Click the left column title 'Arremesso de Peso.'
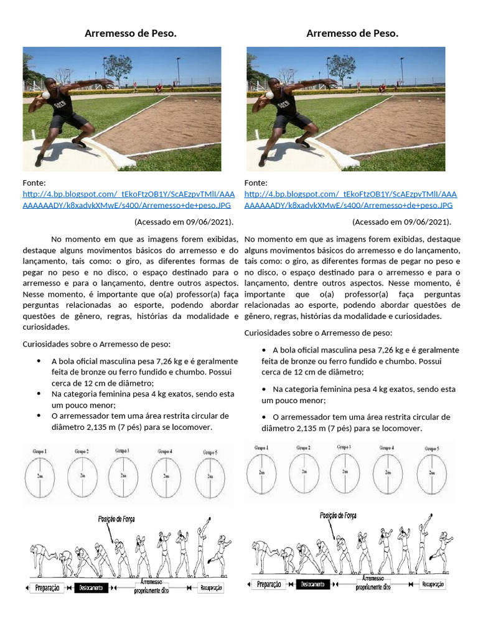[131, 33]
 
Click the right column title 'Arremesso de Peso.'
[352, 33]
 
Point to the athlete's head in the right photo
[274, 83]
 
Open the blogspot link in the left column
[128, 199]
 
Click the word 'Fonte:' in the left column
[35, 183]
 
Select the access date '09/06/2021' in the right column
[426, 222]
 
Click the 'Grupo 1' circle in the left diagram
[40, 476]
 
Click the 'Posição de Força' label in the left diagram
[116, 518]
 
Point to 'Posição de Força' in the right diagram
[338, 515]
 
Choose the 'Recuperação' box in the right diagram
[433, 584]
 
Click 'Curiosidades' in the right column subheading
[270, 334]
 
